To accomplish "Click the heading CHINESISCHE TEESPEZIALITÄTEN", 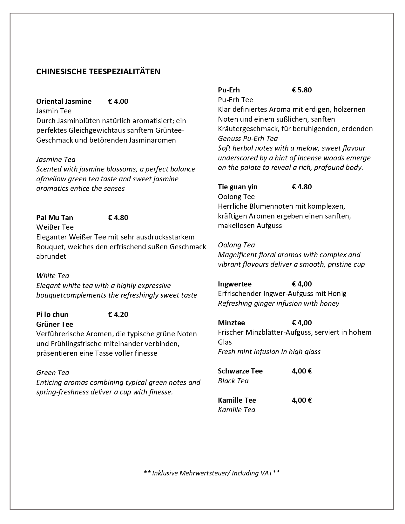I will coord(98,71).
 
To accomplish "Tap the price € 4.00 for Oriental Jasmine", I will coord(118,101).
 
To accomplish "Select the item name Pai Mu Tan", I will coord(55,218).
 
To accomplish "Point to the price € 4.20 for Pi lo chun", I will coord(118,314).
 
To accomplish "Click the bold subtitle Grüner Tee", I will coord(55,324).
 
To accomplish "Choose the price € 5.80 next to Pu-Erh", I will coord(302,90).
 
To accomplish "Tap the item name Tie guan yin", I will coord(238,187).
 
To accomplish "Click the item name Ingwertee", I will coord(234,284).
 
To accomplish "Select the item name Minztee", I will coord(231,323).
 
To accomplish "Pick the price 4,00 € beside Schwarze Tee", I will coord(302,371).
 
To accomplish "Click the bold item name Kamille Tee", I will coord(237,400).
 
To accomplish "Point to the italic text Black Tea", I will coord(233,381).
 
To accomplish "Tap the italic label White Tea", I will coord(53,276).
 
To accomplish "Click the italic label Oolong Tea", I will coord(236,245).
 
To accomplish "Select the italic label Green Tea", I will coord(53,373).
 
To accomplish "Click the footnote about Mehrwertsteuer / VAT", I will coord(212,473).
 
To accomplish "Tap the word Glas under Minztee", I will coord(225,342).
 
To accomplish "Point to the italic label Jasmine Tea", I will coord(56,159).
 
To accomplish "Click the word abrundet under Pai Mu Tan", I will coord(51,256).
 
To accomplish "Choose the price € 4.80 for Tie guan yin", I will coord(302,187).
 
